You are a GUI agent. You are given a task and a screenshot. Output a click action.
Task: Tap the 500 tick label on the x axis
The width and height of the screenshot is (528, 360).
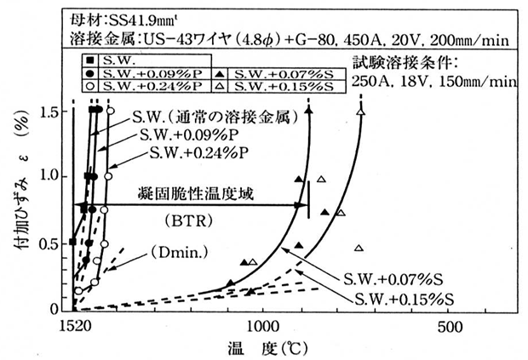pyautogui.click(x=450, y=327)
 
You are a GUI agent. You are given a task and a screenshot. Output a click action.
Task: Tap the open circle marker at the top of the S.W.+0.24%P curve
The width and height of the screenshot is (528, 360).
pyautogui.click(x=109, y=111)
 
